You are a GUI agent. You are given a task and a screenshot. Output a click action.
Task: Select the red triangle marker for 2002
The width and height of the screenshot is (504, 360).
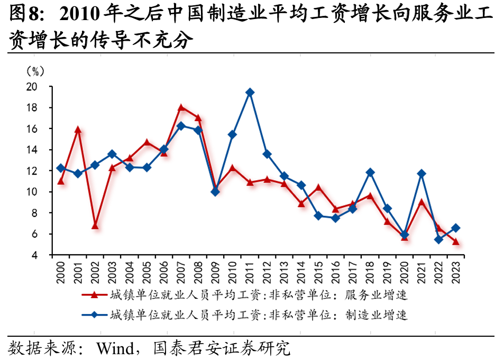95,226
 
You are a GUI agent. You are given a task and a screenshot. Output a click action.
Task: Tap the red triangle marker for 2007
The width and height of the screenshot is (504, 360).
181,107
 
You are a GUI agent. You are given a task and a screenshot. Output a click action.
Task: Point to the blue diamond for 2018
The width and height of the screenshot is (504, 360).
370,172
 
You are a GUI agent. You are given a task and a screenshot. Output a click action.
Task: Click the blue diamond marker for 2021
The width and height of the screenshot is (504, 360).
421,173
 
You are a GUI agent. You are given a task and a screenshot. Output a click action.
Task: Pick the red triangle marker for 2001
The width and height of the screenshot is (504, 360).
78,130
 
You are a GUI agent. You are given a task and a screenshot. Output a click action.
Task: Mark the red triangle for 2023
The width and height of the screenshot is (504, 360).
455,242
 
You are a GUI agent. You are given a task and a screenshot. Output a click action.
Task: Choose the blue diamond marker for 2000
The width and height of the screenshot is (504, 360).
61,168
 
